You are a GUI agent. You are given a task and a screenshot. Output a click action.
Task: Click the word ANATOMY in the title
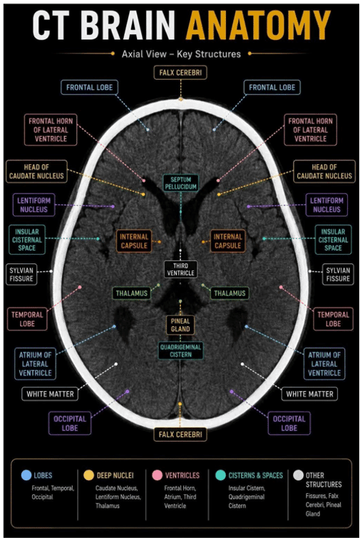(x=258, y=25)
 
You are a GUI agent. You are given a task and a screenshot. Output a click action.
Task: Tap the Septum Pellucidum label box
(x=180, y=183)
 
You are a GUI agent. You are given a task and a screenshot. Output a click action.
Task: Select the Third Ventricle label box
(x=180, y=269)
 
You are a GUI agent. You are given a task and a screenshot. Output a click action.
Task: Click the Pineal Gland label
(x=180, y=325)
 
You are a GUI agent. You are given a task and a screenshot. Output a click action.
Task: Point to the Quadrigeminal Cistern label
(x=180, y=350)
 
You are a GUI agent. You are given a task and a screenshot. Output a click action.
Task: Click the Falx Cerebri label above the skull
(x=180, y=73)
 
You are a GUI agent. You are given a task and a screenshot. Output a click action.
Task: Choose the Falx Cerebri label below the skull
(x=180, y=435)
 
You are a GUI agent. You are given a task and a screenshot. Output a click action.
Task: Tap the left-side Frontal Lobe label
(x=89, y=88)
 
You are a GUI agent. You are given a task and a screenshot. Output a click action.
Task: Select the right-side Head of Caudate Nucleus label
(x=324, y=171)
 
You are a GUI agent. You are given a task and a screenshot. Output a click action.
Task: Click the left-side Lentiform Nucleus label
(x=34, y=205)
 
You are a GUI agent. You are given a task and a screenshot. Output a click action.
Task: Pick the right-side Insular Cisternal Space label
(x=333, y=240)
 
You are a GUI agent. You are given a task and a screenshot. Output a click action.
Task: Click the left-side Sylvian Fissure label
(x=21, y=275)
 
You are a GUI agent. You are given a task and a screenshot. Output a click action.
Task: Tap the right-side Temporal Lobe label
(x=333, y=319)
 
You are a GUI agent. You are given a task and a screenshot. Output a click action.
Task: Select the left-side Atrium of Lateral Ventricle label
(x=35, y=364)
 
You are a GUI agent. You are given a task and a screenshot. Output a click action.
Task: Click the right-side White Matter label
(x=309, y=394)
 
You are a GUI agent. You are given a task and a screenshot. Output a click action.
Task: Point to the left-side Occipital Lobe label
(x=70, y=423)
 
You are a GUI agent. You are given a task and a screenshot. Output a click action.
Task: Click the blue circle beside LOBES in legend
(x=26, y=475)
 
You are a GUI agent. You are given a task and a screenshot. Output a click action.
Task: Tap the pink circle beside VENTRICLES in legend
(x=157, y=475)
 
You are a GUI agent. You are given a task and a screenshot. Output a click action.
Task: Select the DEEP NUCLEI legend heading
(x=115, y=475)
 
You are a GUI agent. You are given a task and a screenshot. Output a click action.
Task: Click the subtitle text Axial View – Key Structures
(x=181, y=54)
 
